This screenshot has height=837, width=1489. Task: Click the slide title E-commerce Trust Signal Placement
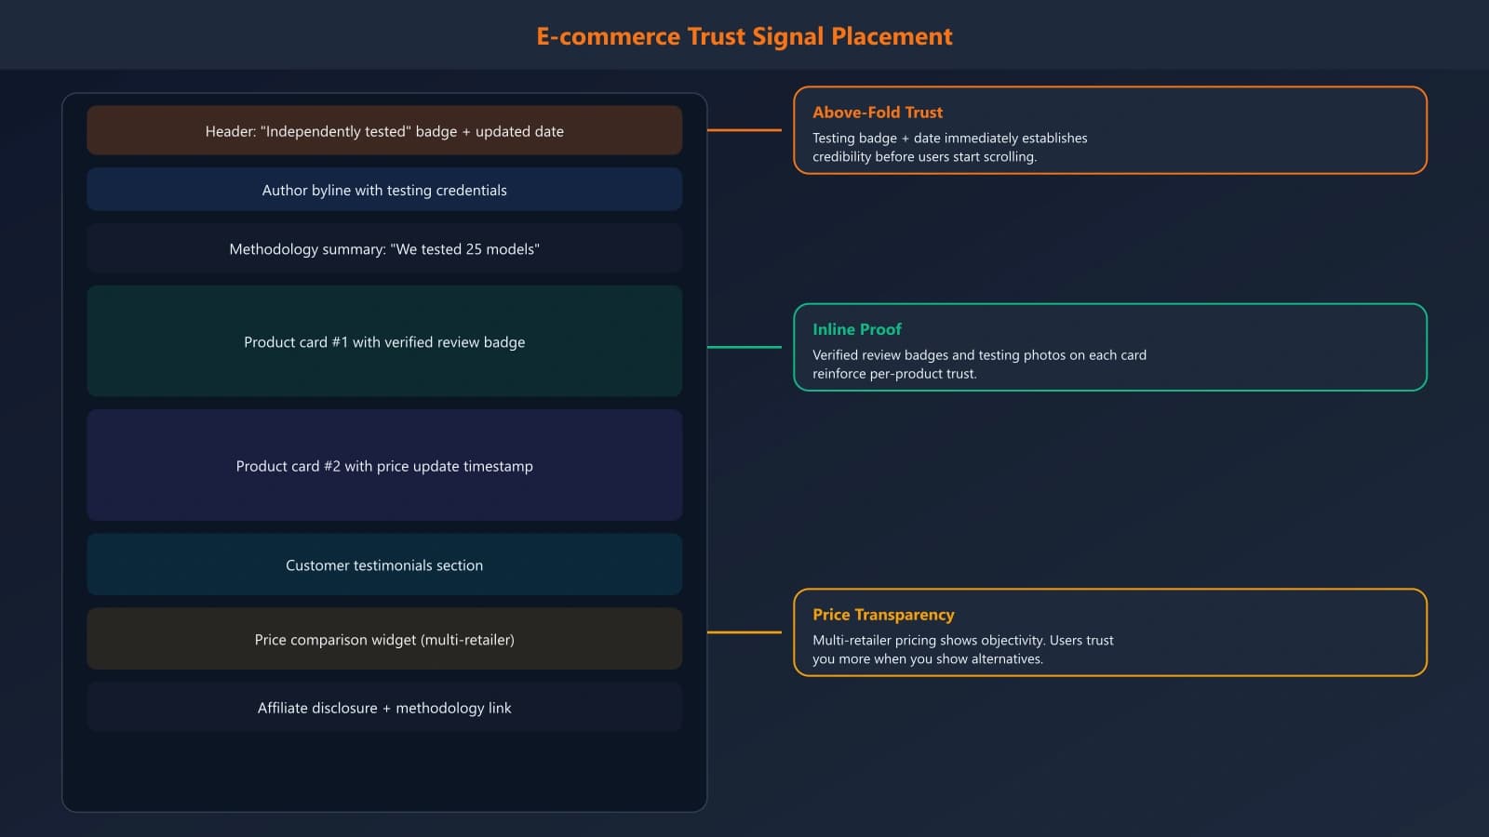(744, 36)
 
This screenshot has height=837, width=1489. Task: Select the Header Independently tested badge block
(384, 131)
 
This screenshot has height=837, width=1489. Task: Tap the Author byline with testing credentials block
(384, 190)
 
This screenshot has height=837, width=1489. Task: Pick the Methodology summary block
(384, 249)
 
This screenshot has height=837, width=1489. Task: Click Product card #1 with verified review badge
(384, 342)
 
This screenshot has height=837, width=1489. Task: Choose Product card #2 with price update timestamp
(384, 466)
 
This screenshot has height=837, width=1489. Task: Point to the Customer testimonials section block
(384, 565)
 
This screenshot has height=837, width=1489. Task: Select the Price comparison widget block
(384, 640)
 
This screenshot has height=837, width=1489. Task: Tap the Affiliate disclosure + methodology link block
(384, 708)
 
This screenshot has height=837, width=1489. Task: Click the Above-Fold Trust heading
(877, 113)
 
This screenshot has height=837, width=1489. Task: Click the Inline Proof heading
(856, 329)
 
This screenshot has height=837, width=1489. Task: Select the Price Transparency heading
(883, 615)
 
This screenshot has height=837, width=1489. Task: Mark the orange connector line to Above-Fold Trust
(744, 130)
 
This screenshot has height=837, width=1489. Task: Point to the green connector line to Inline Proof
(744, 347)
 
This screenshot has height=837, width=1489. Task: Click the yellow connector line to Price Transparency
(744, 632)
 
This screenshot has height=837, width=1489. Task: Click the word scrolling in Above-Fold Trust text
(1009, 157)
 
